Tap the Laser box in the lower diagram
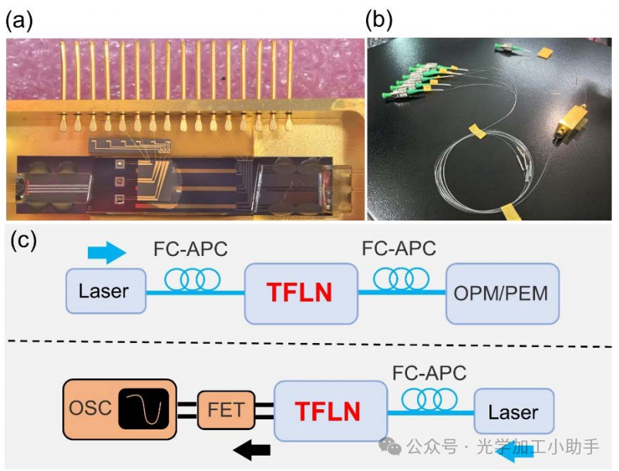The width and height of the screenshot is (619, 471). click(x=513, y=411)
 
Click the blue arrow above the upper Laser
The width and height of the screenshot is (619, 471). click(x=106, y=252)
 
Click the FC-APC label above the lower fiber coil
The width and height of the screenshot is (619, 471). click(x=429, y=373)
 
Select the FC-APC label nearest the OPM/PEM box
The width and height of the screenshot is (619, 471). click(x=399, y=248)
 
